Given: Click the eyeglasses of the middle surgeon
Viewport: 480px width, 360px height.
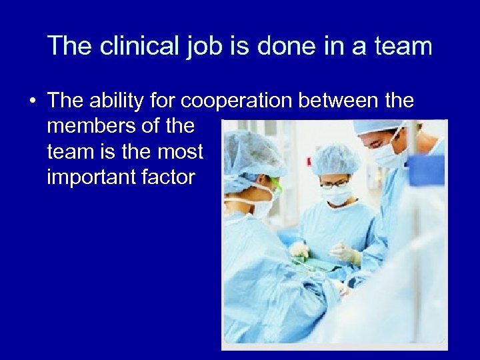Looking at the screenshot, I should [333, 183].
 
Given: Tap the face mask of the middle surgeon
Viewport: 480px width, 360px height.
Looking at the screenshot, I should [336, 195].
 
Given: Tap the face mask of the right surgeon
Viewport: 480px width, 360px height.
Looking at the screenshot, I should [390, 157].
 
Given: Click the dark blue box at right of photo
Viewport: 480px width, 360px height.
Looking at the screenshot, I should [426, 169].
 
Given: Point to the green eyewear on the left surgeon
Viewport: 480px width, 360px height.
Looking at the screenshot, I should [275, 186].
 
